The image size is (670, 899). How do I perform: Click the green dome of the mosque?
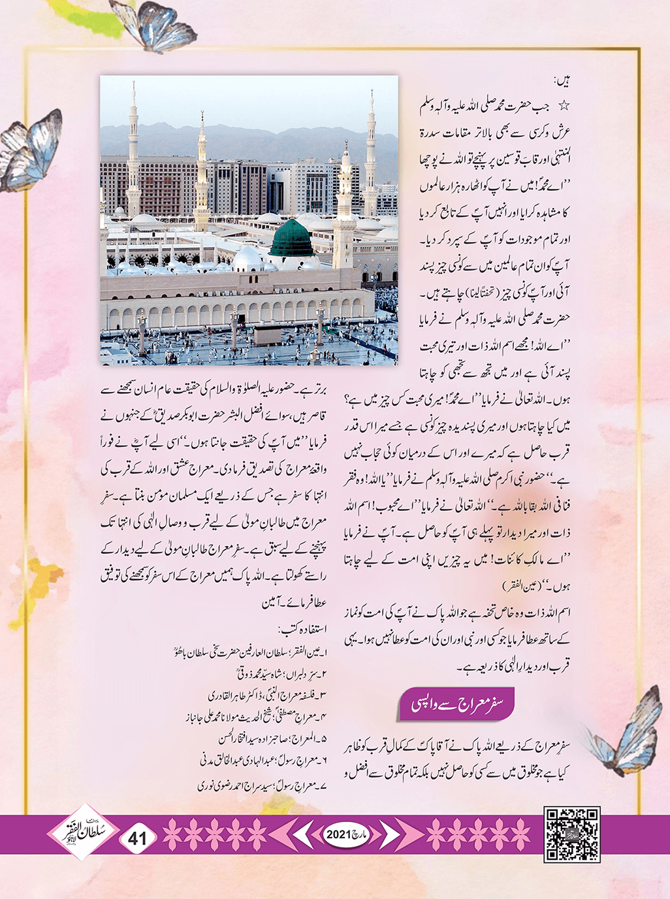[291, 237]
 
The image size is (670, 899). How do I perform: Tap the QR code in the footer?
[572, 834]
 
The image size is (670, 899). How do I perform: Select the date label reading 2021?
[339, 834]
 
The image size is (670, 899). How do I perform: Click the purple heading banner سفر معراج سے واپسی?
[456, 704]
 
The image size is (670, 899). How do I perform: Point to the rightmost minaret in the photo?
[370, 157]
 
